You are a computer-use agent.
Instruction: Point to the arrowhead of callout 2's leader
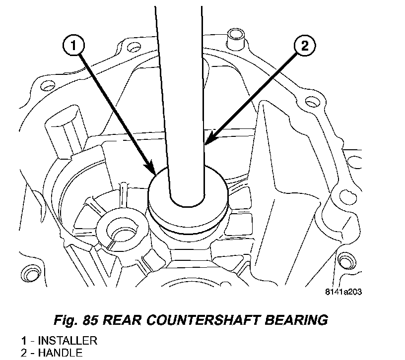click(206, 143)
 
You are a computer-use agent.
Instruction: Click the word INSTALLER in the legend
click(67, 341)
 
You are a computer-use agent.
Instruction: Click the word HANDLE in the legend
click(60, 353)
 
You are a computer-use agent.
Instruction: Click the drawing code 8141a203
click(344, 292)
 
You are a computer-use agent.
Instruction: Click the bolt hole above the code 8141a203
click(343, 260)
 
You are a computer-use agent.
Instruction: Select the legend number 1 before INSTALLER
click(23, 341)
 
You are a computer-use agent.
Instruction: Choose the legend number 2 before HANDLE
click(23, 353)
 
